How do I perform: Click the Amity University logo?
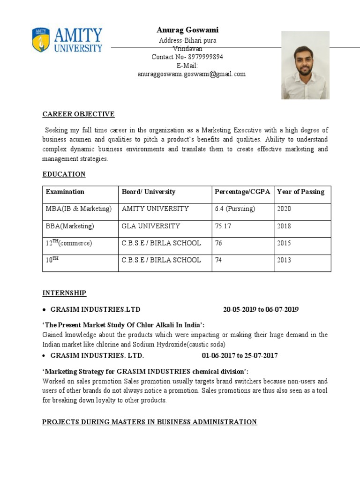(x=67, y=40)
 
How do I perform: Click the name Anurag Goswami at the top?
(x=187, y=30)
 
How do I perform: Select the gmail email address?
(x=191, y=74)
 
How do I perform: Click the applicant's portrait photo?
(x=305, y=65)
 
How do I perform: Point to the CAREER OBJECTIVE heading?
(x=78, y=114)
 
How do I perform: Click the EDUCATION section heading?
(x=64, y=174)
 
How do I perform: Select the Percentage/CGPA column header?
(x=242, y=192)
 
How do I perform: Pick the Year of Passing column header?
(x=300, y=192)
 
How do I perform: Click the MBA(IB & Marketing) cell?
(x=79, y=209)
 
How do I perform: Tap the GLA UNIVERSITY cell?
(x=150, y=226)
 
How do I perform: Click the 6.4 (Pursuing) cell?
(x=235, y=209)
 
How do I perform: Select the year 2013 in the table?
(x=284, y=260)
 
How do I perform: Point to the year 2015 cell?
(x=284, y=243)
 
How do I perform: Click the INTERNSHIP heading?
(x=64, y=293)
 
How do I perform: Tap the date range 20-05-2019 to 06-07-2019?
(x=261, y=310)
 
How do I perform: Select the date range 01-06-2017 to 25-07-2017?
(x=240, y=355)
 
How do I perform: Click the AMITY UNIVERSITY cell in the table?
(x=155, y=209)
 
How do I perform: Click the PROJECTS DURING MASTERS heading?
(x=150, y=422)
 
